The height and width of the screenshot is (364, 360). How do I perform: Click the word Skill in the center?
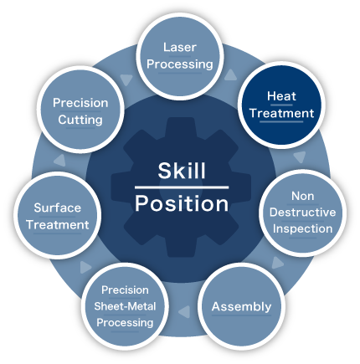click(x=182, y=171)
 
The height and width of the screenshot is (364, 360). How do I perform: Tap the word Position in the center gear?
click(x=182, y=203)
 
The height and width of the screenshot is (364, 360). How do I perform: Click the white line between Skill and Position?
click(x=182, y=187)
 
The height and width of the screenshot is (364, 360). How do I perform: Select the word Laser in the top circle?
click(x=180, y=47)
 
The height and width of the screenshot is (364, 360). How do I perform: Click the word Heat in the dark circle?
click(x=281, y=96)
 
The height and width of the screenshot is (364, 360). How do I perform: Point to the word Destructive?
click(x=302, y=213)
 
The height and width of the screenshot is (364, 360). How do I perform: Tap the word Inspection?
click(x=302, y=229)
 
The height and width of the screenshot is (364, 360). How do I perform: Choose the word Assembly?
click(x=241, y=307)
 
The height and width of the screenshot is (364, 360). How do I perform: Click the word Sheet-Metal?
click(x=125, y=306)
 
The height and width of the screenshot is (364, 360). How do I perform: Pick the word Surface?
click(x=58, y=208)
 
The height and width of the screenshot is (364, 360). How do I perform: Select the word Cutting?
click(x=80, y=120)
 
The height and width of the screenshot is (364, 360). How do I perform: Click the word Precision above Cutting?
click(x=80, y=103)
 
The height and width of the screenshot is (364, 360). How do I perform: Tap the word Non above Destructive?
click(x=302, y=196)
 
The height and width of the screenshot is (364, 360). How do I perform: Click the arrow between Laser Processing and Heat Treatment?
click(x=230, y=75)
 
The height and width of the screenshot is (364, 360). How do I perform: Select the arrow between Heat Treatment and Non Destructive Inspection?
click(x=300, y=157)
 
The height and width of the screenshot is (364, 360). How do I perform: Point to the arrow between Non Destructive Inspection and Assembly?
click(x=277, y=263)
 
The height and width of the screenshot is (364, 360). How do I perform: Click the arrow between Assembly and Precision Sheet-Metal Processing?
click(x=184, y=311)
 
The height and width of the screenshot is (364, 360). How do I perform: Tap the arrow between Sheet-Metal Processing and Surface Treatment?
click(x=85, y=267)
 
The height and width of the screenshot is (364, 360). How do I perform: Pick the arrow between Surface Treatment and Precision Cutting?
click(x=59, y=161)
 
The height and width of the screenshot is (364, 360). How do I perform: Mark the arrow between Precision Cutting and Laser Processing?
click(x=126, y=79)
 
